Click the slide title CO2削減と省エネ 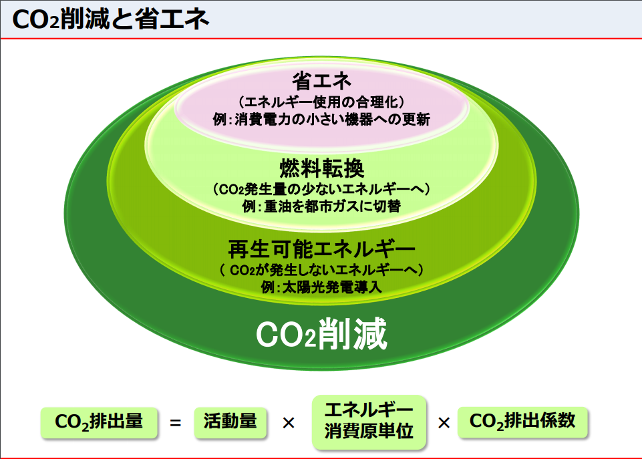110,19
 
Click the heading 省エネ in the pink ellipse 321,81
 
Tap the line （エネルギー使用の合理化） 321,102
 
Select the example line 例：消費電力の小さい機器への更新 321,120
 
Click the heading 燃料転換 322,168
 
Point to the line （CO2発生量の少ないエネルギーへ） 321,189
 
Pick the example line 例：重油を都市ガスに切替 321,206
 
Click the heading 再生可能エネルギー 322,249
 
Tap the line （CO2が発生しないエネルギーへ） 321,270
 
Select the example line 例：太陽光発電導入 321,287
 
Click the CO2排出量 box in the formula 99,422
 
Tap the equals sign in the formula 176,422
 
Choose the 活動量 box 230,422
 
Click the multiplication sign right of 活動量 289,423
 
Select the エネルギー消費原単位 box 369,422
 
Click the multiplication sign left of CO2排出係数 444,423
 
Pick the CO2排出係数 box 522,422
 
